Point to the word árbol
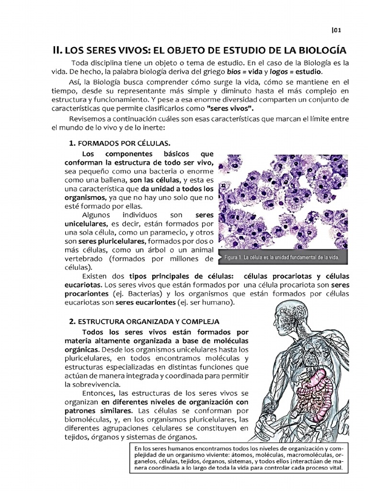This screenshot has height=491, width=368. (x=148, y=250)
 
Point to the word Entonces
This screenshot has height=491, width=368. (x=98, y=393)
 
